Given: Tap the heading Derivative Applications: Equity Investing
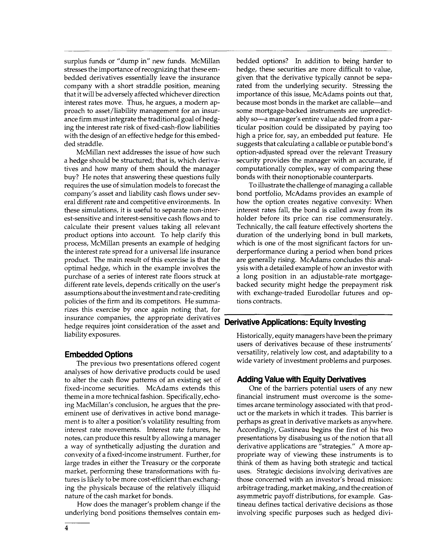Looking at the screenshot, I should [x=295, y=322].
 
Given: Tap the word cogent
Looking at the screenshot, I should [x=208, y=363].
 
